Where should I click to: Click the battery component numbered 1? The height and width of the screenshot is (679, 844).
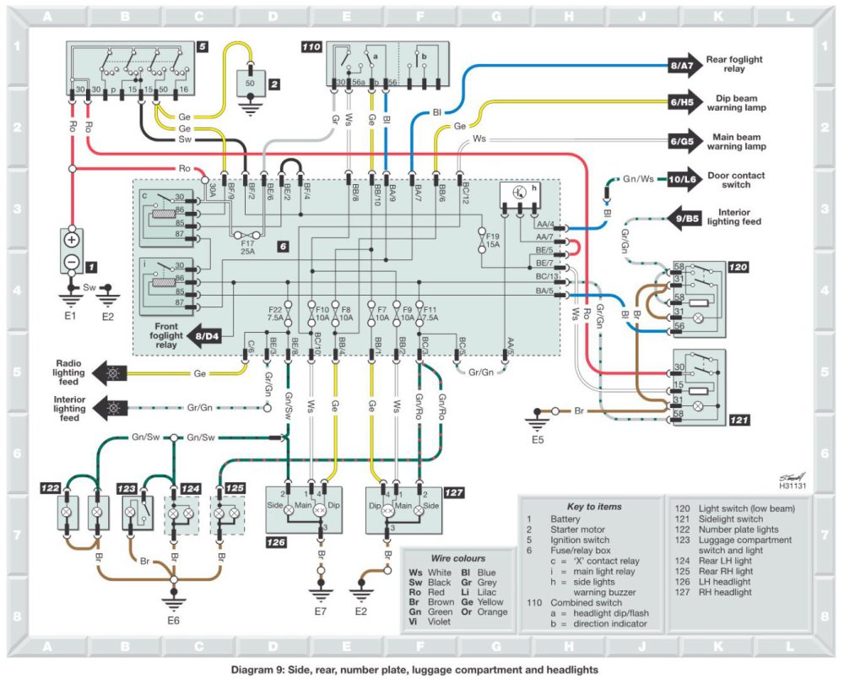point(71,251)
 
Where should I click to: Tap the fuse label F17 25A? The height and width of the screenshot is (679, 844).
point(248,248)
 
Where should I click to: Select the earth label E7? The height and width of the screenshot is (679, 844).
point(320,610)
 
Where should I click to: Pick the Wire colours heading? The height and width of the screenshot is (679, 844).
point(455,558)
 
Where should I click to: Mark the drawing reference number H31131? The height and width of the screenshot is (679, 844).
point(793,486)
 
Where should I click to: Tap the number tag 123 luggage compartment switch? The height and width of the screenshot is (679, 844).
point(127,488)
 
